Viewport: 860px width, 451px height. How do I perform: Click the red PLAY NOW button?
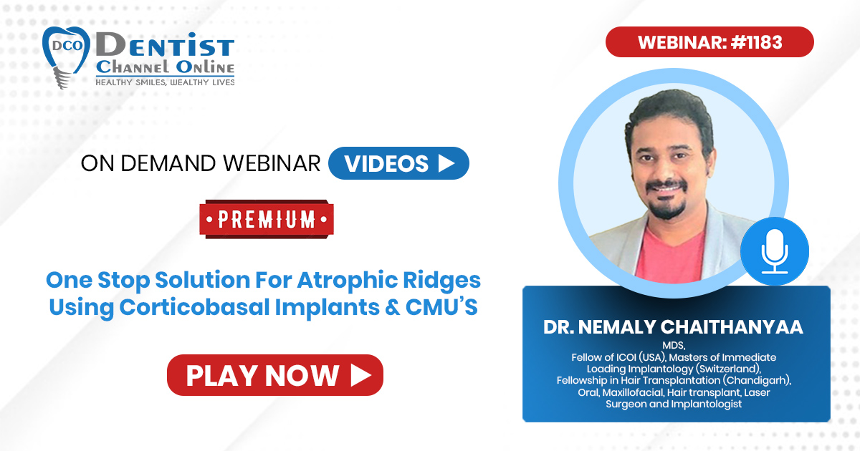pyautogui.click(x=275, y=375)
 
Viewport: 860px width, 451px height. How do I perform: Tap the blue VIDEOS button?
pyautogui.click(x=398, y=163)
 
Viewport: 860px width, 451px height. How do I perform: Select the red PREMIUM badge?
pyautogui.click(x=267, y=219)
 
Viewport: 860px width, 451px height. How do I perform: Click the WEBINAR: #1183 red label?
pyautogui.click(x=709, y=42)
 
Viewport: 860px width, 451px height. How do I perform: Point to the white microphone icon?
pyautogui.click(x=775, y=251)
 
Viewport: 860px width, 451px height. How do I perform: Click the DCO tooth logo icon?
pyautogui.click(x=65, y=57)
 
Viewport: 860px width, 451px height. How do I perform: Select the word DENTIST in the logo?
pyautogui.click(x=165, y=45)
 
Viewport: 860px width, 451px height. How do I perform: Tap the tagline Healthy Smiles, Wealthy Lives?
pyautogui.click(x=165, y=82)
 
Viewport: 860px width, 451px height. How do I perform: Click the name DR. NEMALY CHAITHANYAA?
pyautogui.click(x=673, y=327)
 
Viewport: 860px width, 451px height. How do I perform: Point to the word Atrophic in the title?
pyautogui.click(x=347, y=281)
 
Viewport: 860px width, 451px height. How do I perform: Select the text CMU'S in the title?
pyautogui.click(x=441, y=307)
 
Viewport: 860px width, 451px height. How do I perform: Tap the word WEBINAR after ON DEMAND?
pyautogui.click(x=272, y=163)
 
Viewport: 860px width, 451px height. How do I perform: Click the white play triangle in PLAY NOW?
pyautogui.click(x=361, y=375)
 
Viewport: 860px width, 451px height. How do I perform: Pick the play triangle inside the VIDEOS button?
pyautogui.click(x=446, y=163)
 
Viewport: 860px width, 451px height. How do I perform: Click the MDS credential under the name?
pyautogui.click(x=674, y=345)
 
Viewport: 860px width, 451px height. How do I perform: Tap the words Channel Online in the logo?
pyautogui.click(x=165, y=67)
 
